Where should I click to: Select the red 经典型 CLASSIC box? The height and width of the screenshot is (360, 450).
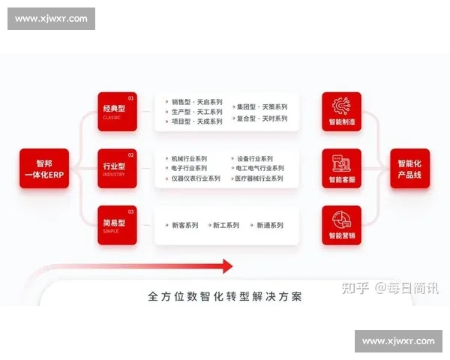point(116,111)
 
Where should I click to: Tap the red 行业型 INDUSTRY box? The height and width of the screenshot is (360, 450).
point(116,168)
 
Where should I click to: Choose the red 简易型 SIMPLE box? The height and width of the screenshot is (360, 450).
point(116,225)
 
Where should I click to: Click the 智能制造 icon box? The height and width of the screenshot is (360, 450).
point(341,111)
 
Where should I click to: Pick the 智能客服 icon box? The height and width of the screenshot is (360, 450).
point(341,168)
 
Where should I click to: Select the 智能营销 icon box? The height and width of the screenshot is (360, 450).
point(341,225)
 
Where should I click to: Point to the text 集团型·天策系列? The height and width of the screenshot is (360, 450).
point(260,107)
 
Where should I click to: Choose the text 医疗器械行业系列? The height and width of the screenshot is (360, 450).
point(259,178)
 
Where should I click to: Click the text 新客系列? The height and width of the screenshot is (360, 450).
point(184,225)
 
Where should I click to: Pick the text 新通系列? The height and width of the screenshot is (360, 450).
point(269,225)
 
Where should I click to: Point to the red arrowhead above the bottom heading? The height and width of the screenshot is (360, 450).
point(226,265)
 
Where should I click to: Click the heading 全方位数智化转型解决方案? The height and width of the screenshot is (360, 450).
point(225,296)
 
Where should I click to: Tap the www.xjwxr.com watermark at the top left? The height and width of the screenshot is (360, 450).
point(51,18)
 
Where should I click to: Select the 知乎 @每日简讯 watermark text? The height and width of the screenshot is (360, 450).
point(391,288)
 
